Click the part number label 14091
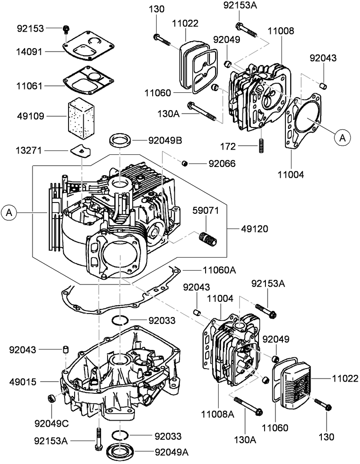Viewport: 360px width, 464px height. (x=29, y=51)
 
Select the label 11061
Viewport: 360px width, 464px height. (x=29, y=86)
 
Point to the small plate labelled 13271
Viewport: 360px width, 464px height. (x=81, y=150)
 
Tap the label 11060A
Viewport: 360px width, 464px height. (x=219, y=270)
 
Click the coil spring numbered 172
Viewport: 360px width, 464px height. (x=261, y=145)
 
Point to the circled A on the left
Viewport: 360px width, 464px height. (x=9, y=212)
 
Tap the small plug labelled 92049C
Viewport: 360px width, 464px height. (x=50, y=398)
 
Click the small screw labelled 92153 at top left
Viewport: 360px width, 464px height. (x=66, y=29)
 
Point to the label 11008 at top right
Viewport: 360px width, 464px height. (x=281, y=31)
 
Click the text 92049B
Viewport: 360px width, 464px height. (x=165, y=140)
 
